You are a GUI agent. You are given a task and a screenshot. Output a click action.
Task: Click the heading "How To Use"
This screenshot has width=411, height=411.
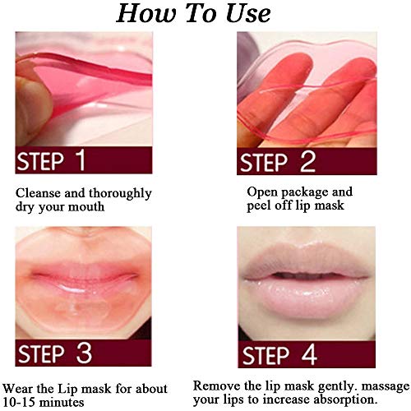tap(205, 14)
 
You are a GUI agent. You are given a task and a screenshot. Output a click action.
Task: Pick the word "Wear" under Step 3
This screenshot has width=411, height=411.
tap(18, 387)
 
